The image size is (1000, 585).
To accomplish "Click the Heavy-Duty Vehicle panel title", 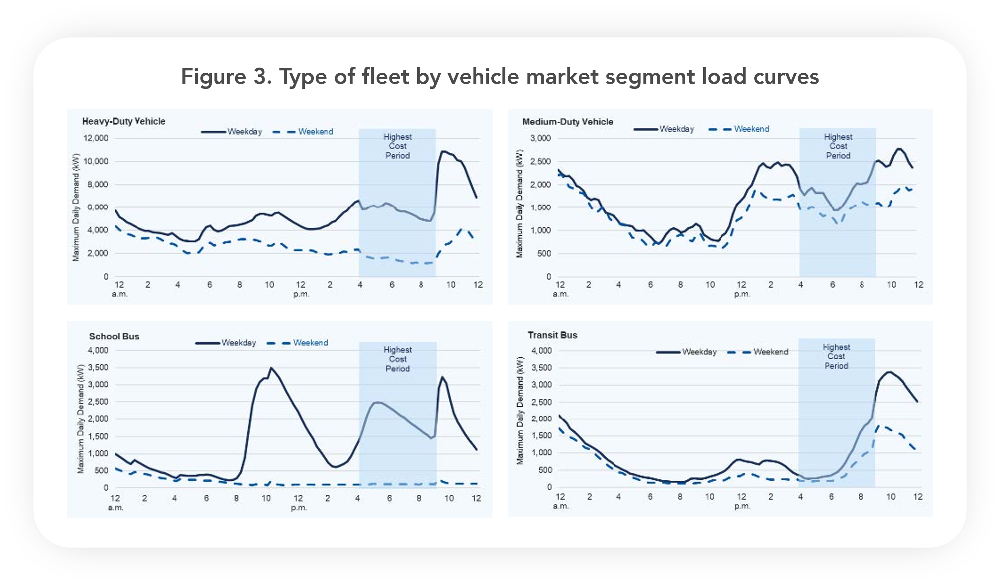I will (x=124, y=121).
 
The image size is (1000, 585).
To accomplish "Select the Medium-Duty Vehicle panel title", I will (x=567, y=122).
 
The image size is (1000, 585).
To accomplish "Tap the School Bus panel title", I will (x=114, y=336).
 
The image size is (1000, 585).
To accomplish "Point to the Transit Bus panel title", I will (x=553, y=335).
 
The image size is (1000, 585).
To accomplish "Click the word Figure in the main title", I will (x=213, y=76).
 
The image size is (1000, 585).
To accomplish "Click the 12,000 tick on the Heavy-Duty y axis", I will (x=95, y=138).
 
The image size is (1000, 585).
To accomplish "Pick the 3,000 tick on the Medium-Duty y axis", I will (x=540, y=138).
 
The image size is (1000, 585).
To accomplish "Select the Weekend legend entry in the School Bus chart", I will (x=310, y=343).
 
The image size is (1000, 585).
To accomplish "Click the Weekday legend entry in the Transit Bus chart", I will (x=699, y=352).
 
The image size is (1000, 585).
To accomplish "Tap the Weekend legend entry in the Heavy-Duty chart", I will (x=315, y=132).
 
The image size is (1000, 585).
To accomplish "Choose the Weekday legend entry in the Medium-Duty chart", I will (x=677, y=129).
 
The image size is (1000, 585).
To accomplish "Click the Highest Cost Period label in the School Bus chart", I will (x=398, y=359).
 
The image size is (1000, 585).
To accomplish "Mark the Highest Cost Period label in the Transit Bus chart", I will (x=836, y=356).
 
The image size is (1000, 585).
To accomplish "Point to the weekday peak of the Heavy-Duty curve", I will (x=443, y=151).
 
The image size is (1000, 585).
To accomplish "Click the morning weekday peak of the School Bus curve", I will (x=271, y=367).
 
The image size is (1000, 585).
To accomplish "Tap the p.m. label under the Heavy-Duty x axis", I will (x=301, y=294).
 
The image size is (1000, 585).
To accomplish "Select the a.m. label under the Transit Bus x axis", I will (x=560, y=506).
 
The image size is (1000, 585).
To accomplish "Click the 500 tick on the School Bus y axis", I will (x=101, y=470).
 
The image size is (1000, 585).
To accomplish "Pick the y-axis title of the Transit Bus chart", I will (x=520, y=410).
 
